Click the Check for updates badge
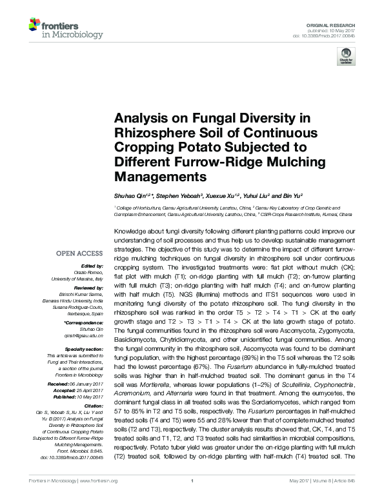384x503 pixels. [x=346, y=59]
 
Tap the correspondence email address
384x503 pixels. [x=89, y=335]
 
